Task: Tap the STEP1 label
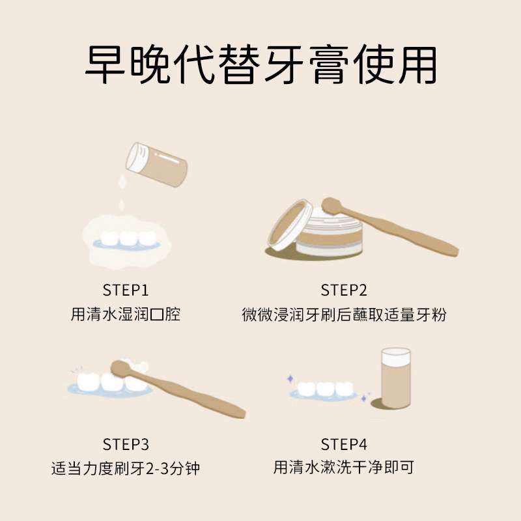pos(126,290)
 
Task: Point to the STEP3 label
pos(126,445)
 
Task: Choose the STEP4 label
pos(344,445)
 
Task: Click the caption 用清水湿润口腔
pos(125,315)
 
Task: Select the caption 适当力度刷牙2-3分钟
pos(125,468)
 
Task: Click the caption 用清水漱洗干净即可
pos(344,468)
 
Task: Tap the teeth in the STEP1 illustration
pos(128,238)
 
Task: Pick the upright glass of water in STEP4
pos(395,378)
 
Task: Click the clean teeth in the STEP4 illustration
pos(324,389)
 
